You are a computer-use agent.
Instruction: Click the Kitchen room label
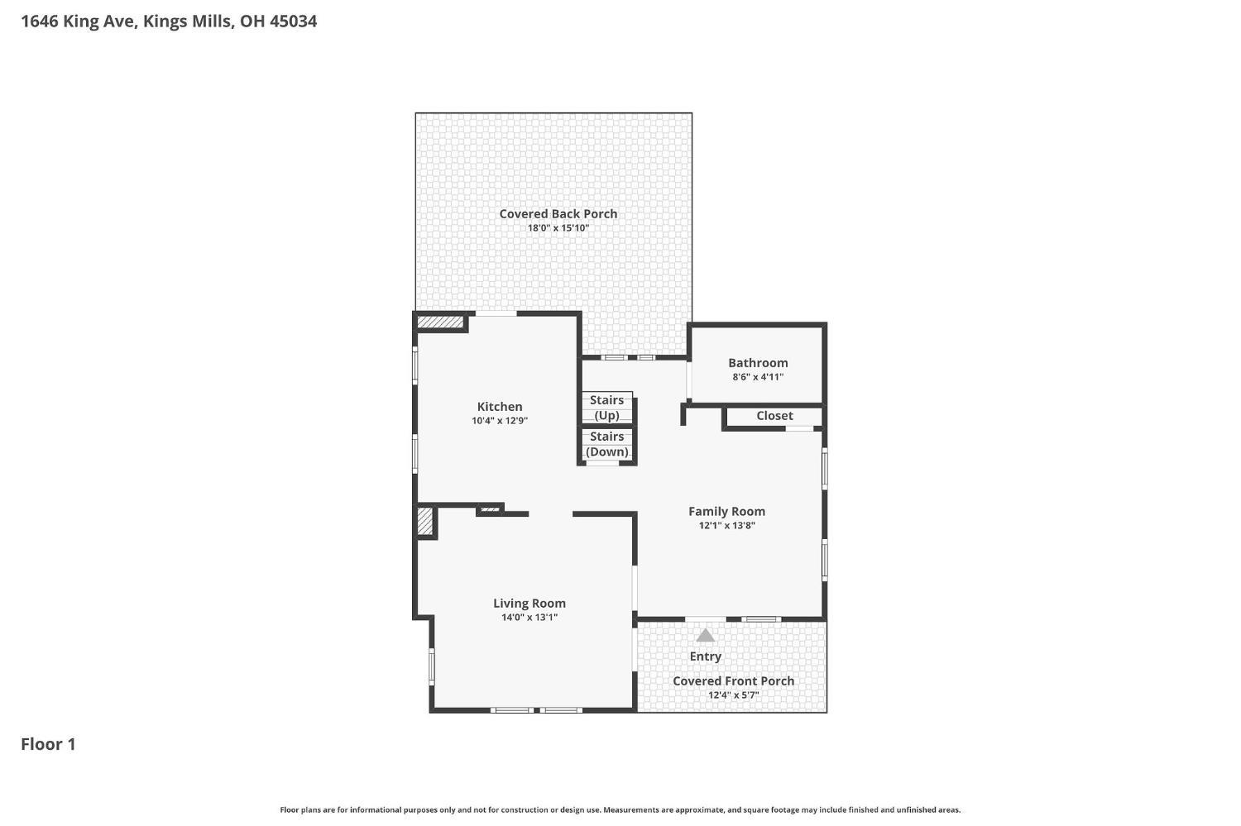click(x=500, y=406)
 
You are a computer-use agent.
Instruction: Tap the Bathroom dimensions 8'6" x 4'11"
click(x=758, y=377)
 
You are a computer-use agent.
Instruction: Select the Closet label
click(x=774, y=416)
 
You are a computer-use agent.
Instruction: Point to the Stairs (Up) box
click(x=606, y=408)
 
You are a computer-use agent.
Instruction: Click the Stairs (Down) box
click(x=606, y=444)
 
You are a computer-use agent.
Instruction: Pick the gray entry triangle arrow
click(x=705, y=635)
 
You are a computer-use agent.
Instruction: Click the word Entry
click(x=705, y=657)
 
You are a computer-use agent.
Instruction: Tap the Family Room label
click(x=727, y=512)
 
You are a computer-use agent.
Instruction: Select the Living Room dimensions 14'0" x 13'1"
click(x=529, y=618)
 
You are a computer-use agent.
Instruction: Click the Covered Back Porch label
click(x=558, y=213)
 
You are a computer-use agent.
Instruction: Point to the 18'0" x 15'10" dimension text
click(x=558, y=228)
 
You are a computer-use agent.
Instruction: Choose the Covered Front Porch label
click(x=734, y=681)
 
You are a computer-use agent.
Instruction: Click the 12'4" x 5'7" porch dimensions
click(x=734, y=695)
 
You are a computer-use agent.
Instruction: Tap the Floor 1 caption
click(x=48, y=744)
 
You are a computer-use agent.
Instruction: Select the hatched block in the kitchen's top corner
click(x=440, y=322)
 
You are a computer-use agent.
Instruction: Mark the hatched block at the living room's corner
click(x=424, y=522)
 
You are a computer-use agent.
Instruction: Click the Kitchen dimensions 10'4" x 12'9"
click(x=500, y=421)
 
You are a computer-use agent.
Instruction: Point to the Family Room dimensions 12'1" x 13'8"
click(x=727, y=525)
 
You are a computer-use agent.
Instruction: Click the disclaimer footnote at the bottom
click(x=620, y=810)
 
